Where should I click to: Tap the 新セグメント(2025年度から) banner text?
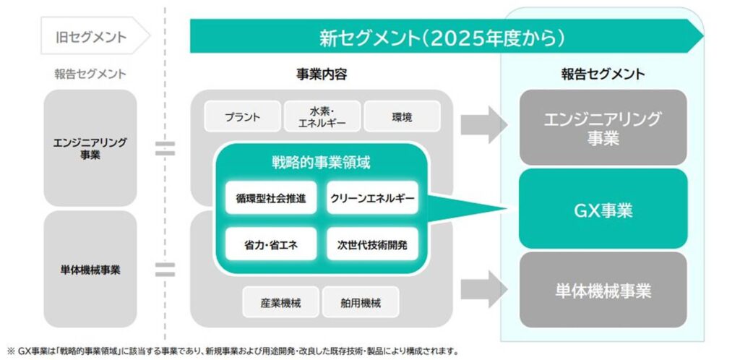[x=442, y=36]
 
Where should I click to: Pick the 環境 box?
[x=402, y=116]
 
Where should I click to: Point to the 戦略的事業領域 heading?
[x=322, y=162]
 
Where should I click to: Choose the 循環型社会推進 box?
[x=270, y=197]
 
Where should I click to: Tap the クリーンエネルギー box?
[x=372, y=197]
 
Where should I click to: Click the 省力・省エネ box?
[x=270, y=244]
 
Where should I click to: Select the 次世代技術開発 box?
[x=372, y=244]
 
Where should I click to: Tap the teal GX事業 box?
[x=603, y=210]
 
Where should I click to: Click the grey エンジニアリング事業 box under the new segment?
[x=603, y=128]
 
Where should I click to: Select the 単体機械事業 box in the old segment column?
[x=90, y=270]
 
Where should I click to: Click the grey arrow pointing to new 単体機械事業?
[x=484, y=289]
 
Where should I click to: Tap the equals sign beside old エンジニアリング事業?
[x=165, y=148]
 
